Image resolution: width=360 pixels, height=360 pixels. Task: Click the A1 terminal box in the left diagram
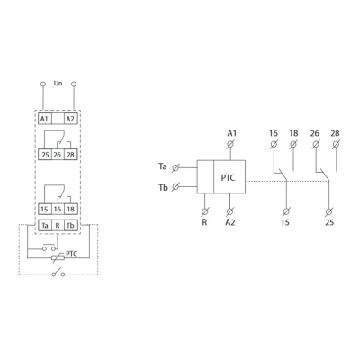click(x=45, y=119)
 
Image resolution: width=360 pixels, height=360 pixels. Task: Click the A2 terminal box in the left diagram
click(x=70, y=119)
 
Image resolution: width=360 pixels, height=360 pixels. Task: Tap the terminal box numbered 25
click(x=45, y=155)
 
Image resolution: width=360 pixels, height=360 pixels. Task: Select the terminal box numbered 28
click(x=71, y=155)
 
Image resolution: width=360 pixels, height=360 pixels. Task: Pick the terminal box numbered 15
click(x=45, y=209)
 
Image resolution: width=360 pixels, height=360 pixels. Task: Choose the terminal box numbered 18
click(x=71, y=209)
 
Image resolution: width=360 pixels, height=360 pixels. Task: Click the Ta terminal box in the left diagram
click(x=45, y=225)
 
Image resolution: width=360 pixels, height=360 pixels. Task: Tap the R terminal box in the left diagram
click(x=58, y=225)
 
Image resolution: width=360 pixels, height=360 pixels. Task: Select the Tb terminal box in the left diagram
click(x=71, y=225)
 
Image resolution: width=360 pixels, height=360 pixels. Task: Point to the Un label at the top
click(x=58, y=83)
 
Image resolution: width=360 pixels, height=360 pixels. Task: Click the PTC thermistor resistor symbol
click(x=58, y=257)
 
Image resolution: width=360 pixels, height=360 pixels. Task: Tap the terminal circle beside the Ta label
click(x=175, y=168)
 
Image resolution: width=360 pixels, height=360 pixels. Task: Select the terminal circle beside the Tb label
click(x=175, y=187)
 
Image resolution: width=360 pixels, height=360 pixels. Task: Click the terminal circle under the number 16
click(x=274, y=145)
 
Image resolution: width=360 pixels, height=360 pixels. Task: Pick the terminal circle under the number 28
click(x=337, y=145)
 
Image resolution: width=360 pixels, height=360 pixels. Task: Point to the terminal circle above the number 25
click(x=328, y=211)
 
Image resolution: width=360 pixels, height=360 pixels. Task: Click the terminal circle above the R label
click(x=205, y=211)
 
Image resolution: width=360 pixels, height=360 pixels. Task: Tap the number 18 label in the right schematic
click(x=293, y=133)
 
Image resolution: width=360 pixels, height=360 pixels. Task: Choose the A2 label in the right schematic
click(x=230, y=222)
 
